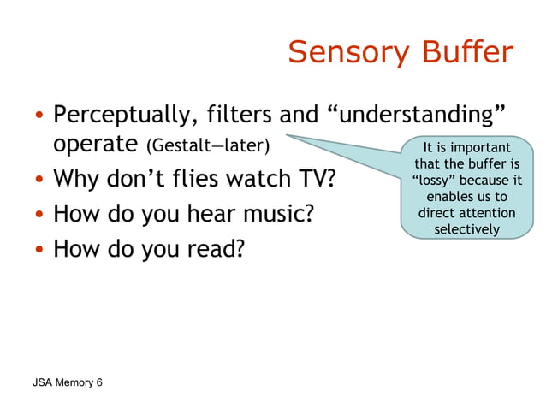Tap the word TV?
click(x=312, y=181)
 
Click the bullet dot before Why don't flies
click(x=39, y=181)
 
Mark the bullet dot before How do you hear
click(x=39, y=215)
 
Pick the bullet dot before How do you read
click(x=39, y=249)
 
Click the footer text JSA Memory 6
click(x=64, y=382)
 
